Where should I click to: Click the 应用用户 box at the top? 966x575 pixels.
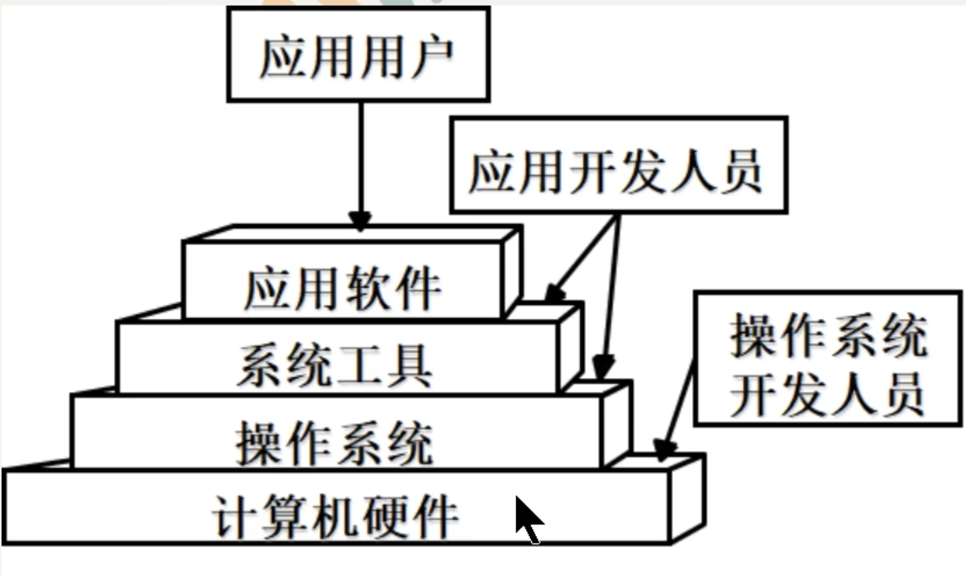pos(358,55)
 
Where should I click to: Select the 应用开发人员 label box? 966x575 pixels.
pos(618,166)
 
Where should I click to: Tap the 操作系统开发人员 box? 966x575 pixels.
pos(827,359)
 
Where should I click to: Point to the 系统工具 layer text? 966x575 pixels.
pos(334,366)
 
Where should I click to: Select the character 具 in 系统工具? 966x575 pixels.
pos(408,366)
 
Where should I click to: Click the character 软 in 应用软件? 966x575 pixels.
pos(368,288)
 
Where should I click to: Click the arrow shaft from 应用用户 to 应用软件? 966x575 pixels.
pos(360,156)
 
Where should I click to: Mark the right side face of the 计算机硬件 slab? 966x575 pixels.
pos(687,499)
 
